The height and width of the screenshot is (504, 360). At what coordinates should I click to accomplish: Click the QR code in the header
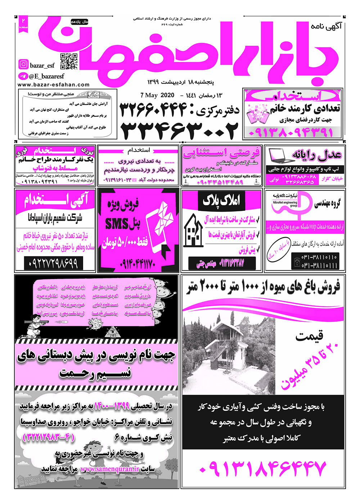(69, 61)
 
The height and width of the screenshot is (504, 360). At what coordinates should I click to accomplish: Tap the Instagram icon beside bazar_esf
(23, 64)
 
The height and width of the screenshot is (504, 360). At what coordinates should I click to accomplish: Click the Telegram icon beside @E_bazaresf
(23, 76)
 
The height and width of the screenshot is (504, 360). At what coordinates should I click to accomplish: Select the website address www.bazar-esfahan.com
(53, 85)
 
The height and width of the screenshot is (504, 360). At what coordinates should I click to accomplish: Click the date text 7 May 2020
(157, 95)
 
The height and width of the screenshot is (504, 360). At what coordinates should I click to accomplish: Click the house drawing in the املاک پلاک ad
(193, 230)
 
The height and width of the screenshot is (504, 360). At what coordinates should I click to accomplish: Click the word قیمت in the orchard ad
(309, 336)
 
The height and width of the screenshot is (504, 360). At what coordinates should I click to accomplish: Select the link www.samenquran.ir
(109, 469)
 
